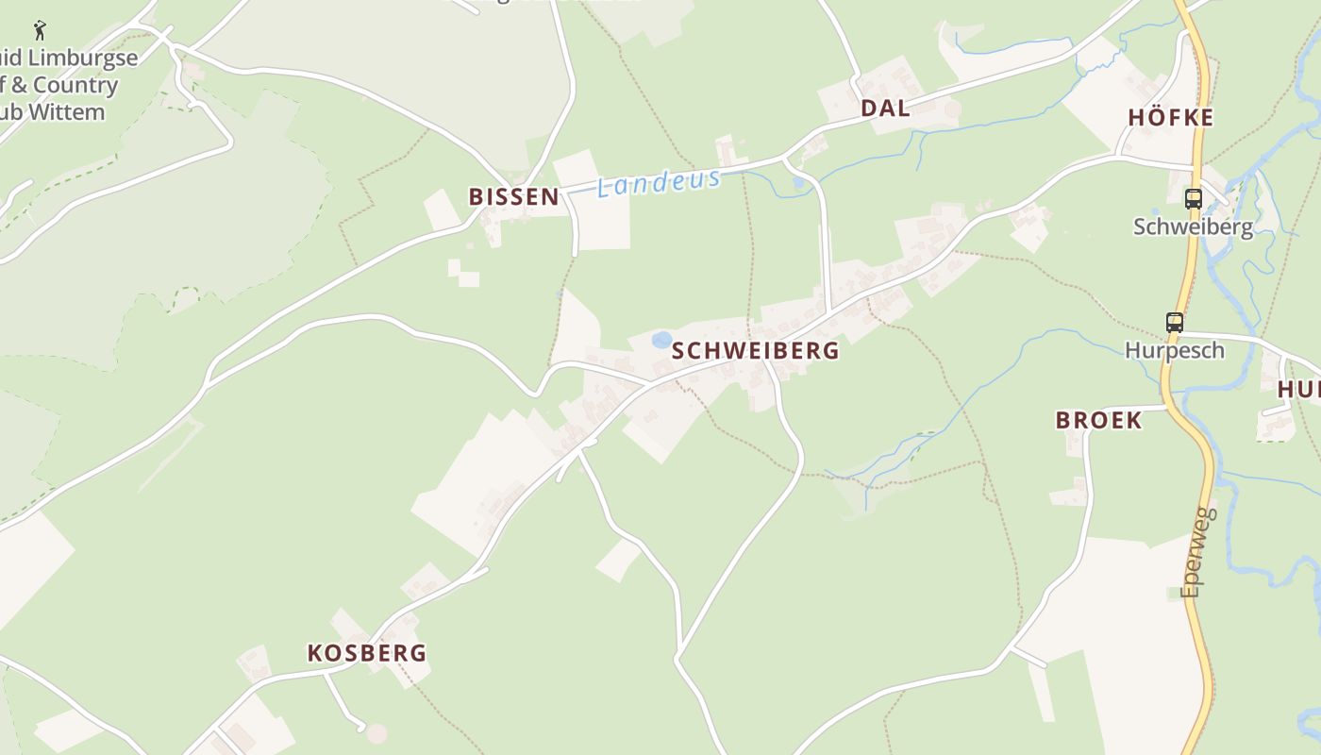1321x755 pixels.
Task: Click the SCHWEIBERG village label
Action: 755,350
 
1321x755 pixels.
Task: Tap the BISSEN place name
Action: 514,196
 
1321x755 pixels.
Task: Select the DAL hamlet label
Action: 885,108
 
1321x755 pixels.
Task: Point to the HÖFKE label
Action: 1170,118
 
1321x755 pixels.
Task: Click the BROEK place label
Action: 1098,420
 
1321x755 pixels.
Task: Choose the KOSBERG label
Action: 367,652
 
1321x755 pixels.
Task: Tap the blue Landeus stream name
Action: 660,182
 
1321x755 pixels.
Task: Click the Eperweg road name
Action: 1198,552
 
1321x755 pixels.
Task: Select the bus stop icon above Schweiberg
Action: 1194,198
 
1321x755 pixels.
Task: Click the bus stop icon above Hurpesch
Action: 1174,323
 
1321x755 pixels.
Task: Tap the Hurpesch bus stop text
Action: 1175,350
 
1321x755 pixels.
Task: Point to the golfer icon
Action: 40,29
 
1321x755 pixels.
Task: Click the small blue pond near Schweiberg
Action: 662,339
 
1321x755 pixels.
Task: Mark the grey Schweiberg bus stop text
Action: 1193,226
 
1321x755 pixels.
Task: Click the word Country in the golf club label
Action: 75,85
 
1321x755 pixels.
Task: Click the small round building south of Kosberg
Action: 376,733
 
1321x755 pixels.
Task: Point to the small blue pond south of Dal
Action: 800,181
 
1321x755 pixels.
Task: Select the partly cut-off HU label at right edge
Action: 1299,389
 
